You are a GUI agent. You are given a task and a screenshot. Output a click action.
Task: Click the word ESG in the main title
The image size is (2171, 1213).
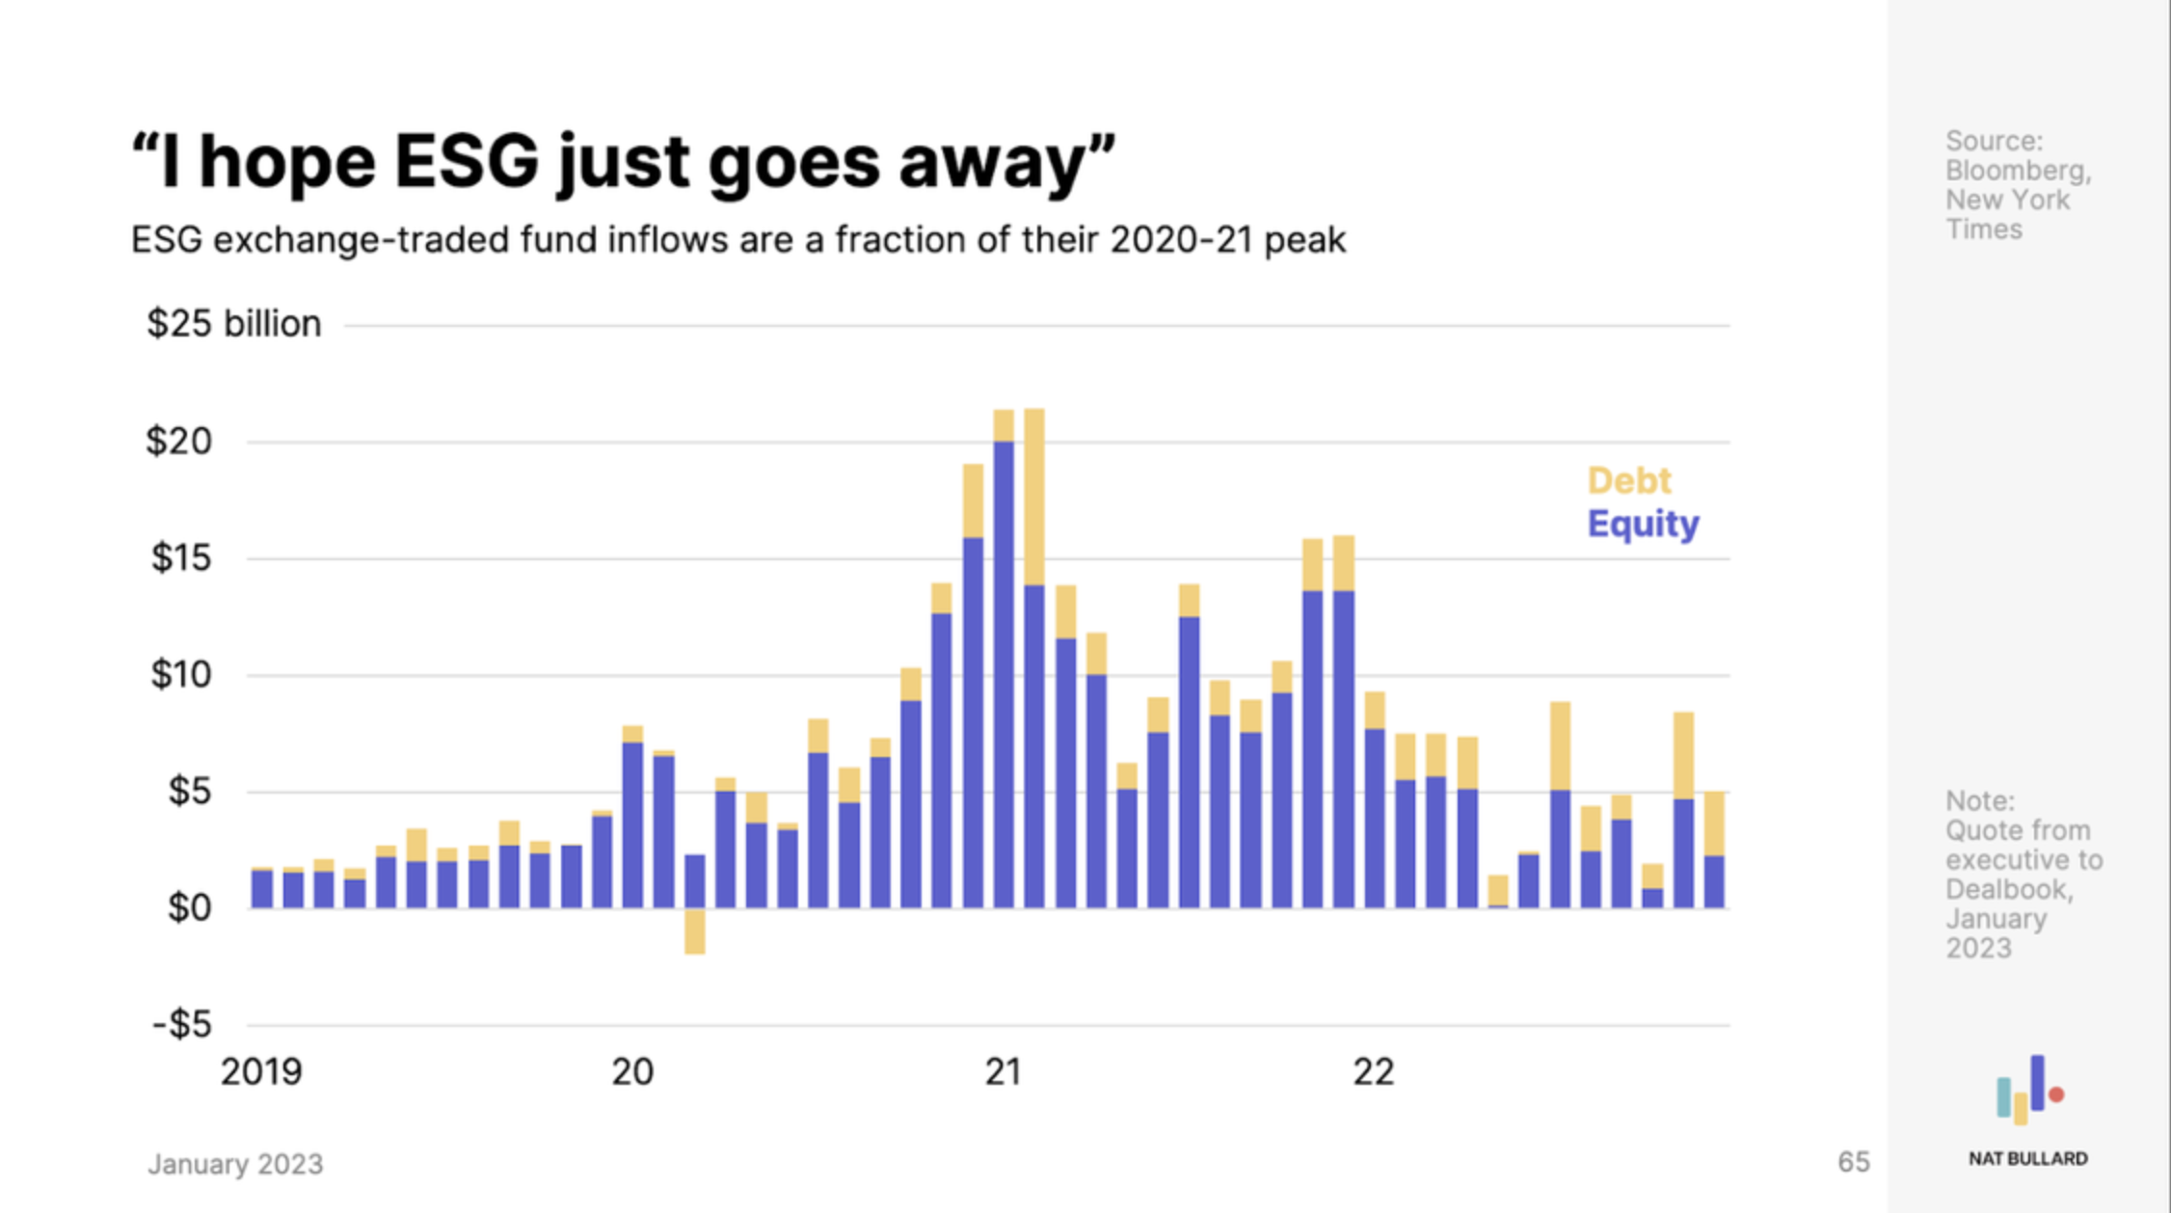pyautogui.click(x=466, y=162)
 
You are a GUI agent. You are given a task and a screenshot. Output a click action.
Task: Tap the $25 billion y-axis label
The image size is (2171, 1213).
pyautogui.click(x=233, y=324)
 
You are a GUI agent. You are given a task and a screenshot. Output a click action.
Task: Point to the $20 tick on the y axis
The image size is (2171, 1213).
pyautogui.click(x=178, y=442)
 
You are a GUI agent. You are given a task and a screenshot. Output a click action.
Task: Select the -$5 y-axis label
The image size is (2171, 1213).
pyautogui.click(x=182, y=1024)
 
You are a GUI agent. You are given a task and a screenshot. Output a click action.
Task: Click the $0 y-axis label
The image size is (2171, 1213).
pyautogui.click(x=189, y=907)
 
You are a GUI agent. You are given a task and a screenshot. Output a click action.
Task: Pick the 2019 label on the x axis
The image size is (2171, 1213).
pyautogui.click(x=261, y=1072)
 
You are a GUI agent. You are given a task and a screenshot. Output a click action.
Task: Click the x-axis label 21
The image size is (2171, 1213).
pyautogui.click(x=1003, y=1072)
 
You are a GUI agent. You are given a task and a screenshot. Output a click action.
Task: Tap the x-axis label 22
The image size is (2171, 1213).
pyautogui.click(x=1373, y=1072)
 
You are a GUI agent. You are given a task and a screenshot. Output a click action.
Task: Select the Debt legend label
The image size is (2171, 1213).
pyautogui.click(x=1629, y=480)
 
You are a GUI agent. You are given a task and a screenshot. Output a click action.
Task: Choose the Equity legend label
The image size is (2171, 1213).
pyautogui.click(x=1643, y=524)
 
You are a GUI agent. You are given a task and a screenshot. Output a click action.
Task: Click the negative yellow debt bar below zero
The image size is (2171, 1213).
pyautogui.click(x=694, y=931)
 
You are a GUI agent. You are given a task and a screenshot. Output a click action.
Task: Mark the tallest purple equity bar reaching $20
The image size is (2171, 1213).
pyautogui.click(x=1004, y=675)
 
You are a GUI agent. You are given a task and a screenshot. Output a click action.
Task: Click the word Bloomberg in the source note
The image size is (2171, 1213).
pyautogui.click(x=2017, y=171)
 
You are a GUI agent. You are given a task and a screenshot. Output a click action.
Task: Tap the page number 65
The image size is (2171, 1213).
pyautogui.click(x=1853, y=1162)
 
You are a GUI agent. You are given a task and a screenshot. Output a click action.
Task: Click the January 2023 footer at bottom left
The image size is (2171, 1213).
pyautogui.click(x=235, y=1165)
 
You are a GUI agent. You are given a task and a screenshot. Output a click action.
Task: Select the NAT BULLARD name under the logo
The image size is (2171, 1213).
pyautogui.click(x=2027, y=1159)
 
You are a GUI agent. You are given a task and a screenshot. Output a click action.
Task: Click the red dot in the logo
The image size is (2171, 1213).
pyautogui.click(x=2056, y=1094)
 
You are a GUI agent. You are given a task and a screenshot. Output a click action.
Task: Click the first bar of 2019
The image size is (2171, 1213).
pyautogui.click(x=262, y=888)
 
